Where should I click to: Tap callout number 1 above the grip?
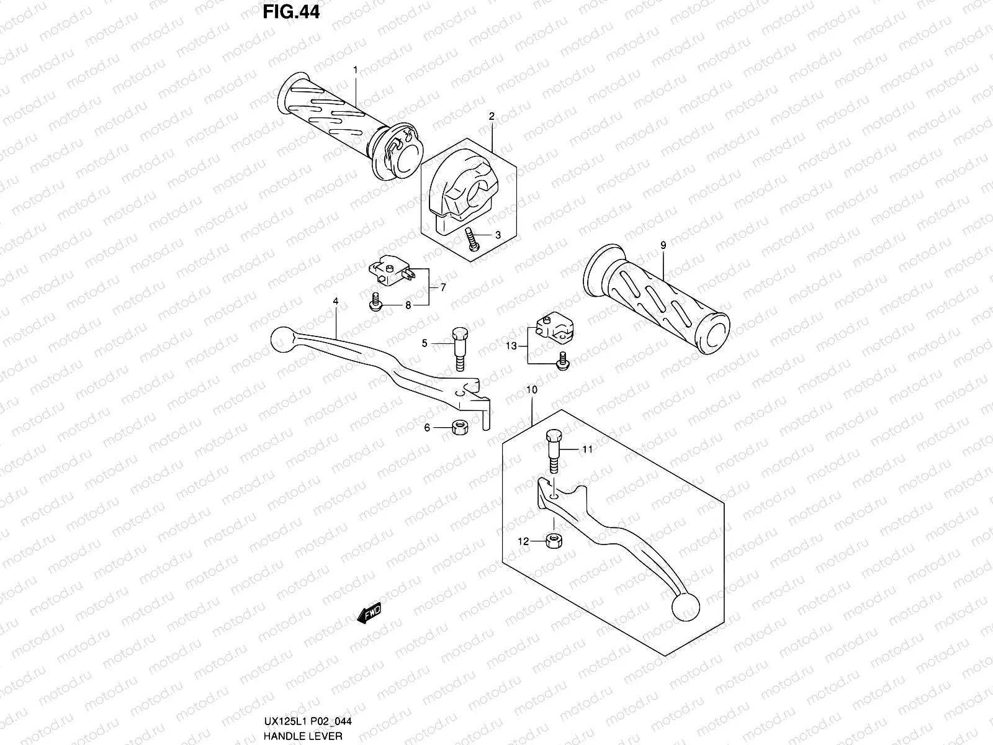point(355,70)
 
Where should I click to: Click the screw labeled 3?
point(472,238)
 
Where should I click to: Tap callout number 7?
point(443,287)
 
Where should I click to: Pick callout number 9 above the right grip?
point(663,246)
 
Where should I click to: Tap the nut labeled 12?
point(552,541)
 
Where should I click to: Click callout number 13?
point(511,346)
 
